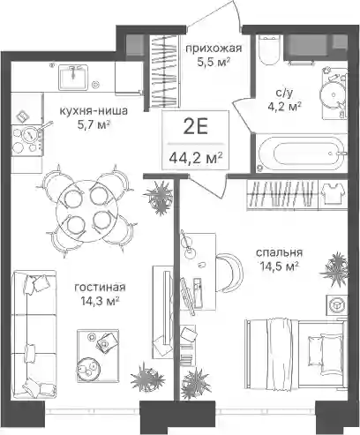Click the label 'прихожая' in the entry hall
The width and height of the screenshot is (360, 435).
click(214, 49)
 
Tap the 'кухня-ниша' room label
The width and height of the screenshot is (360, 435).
click(94, 111)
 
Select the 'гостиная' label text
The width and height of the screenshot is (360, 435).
click(101, 287)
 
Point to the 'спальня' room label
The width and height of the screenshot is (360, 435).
click(279, 252)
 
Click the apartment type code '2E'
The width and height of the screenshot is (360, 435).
click(196, 128)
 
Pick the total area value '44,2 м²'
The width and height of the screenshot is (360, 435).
click(195, 159)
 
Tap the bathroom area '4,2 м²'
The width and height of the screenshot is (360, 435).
click(284, 106)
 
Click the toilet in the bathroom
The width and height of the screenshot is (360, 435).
click(268, 50)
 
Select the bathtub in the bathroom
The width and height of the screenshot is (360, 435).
click(299, 154)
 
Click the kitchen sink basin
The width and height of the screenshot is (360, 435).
click(73, 78)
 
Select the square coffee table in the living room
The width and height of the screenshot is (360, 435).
click(98, 356)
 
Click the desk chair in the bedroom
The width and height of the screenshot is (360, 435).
click(230, 272)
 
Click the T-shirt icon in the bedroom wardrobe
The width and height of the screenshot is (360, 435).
click(333, 194)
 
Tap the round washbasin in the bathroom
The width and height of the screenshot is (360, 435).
click(333, 94)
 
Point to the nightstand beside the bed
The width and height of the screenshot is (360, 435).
click(335, 305)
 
